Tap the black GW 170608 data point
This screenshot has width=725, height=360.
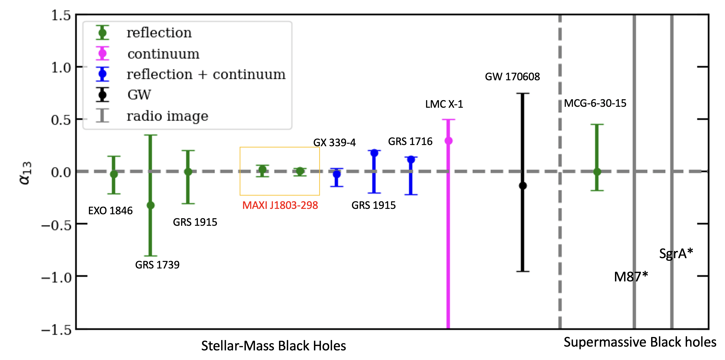(x=523, y=186)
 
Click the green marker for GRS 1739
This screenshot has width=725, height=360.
(x=151, y=205)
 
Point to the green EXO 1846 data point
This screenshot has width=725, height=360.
(x=114, y=174)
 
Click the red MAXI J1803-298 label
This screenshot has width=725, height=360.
(x=280, y=205)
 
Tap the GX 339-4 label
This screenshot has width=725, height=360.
(x=334, y=142)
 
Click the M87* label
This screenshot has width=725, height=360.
(x=631, y=277)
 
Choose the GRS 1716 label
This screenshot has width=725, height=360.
(x=410, y=141)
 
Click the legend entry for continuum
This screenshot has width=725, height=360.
(x=163, y=54)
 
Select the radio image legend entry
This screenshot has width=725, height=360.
(x=167, y=116)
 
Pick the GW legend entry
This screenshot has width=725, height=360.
(x=139, y=95)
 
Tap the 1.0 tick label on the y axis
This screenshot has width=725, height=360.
(x=61, y=68)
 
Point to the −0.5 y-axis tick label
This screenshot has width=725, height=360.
(x=56, y=225)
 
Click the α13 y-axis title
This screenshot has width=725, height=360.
(x=25, y=173)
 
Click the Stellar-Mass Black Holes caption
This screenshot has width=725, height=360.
(x=273, y=346)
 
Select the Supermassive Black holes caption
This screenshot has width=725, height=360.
(x=640, y=342)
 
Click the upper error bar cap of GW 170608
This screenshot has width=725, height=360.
(x=523, y=93)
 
